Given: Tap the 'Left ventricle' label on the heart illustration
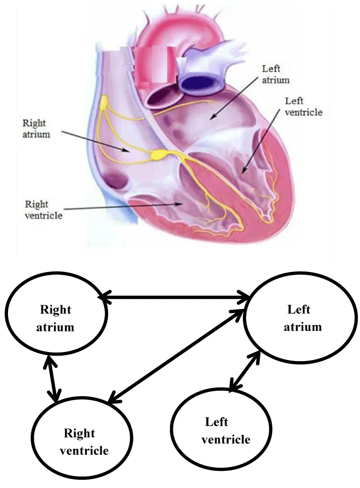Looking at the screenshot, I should coord(304,106).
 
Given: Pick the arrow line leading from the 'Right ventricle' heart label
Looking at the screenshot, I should coord(121,206).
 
